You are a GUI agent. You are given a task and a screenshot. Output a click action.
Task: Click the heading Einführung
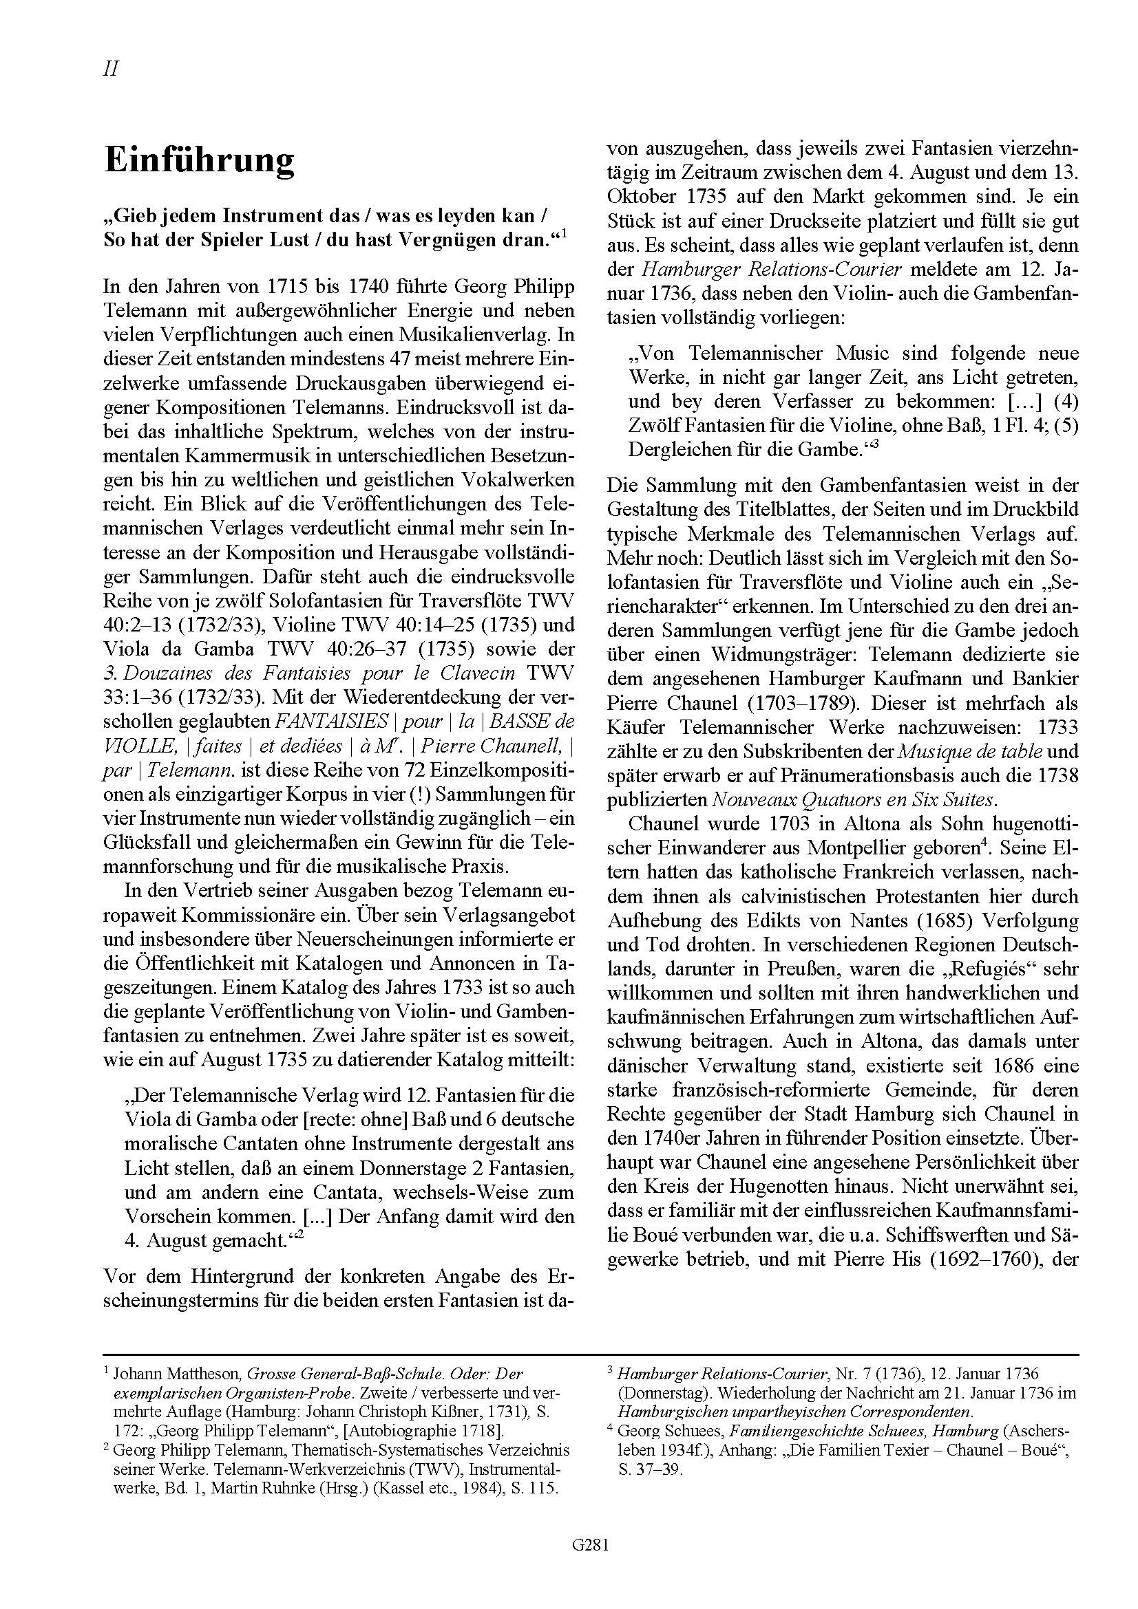(199, 160)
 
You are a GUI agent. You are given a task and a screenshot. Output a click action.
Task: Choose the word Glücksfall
(149, 843)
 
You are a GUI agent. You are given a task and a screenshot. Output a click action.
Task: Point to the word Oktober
(641, 195)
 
